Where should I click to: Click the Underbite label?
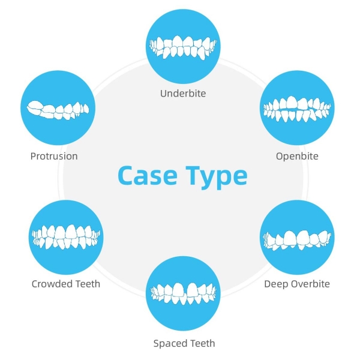[183, 94]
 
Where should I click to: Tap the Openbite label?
[297, 156]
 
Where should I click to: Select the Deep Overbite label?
[297, 283]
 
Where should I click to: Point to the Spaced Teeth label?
[184, 344]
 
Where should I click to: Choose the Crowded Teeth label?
[66, 283]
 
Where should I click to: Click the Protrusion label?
[54, 156]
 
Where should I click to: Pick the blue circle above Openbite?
[297, 110]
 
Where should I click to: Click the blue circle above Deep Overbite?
[297, 237]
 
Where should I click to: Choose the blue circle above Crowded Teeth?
[66, 236]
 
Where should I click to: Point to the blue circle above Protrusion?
[58, 110]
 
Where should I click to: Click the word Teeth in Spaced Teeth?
[201, 344]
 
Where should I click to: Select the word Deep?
[275, 284]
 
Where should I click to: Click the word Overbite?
[310, 283]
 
